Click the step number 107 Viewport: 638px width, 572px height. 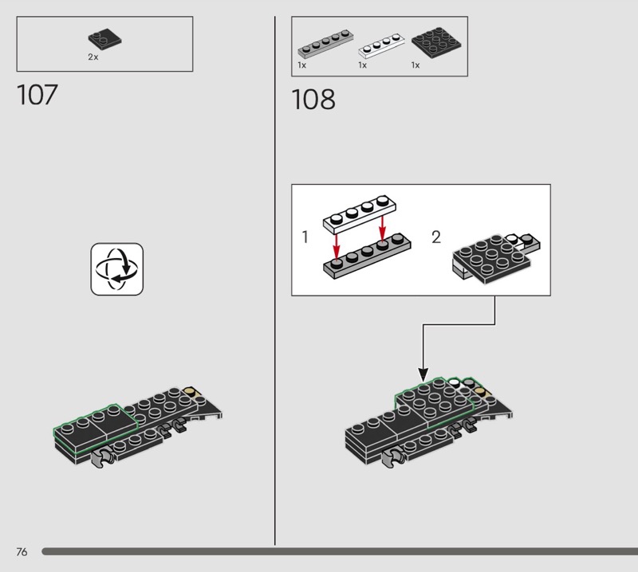(37, 95)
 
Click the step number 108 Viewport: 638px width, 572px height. (313, 100)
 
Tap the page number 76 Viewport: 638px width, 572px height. (22, 551)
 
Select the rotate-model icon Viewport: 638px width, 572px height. (116, 269)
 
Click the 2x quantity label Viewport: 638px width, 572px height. (93, 57)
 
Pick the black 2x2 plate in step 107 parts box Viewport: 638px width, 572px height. (105, 39)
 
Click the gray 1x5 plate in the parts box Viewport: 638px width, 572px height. (325, 44)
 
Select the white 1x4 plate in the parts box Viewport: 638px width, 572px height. (381, 46)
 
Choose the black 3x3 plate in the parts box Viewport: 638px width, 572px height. (436, 43)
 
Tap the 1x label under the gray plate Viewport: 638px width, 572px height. (302, 65)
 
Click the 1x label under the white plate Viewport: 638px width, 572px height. (363, 65)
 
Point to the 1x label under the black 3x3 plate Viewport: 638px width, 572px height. (415, 65)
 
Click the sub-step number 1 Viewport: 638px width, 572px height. (305, 237)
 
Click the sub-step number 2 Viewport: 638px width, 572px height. (436, 237)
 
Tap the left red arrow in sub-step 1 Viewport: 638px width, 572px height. (336, 247)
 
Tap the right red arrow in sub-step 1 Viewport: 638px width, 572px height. (382, 229)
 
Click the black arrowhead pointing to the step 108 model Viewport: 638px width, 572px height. (423, 374)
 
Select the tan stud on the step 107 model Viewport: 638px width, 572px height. (191, 392)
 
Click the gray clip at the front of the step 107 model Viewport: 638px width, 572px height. (102, 457)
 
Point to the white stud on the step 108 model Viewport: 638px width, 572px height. (455, 383)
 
